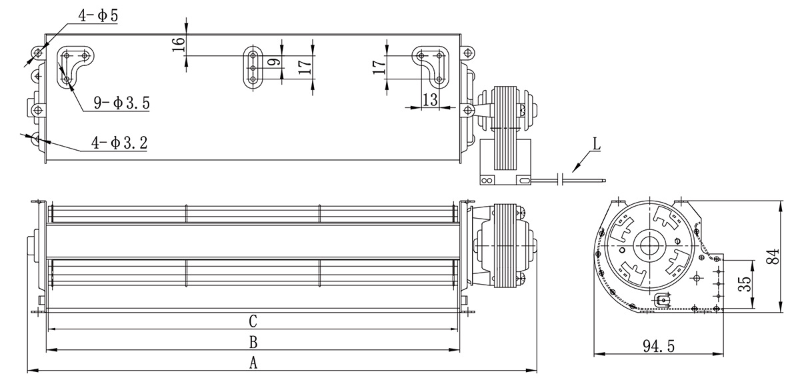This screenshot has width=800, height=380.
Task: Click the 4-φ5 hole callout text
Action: [x=98, y=16]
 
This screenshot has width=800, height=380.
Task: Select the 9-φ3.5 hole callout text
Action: [x=121, y=103]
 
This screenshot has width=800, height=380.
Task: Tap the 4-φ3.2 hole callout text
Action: [x=119, y=143]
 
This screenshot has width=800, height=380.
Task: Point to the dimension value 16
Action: [x=179, y=44]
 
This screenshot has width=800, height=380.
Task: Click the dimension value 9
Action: [x=274, y=62]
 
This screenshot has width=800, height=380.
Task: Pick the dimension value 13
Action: [x=430, y=99]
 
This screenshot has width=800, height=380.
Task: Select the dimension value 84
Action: [x=773, y=256]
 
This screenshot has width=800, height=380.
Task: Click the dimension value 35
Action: [x=744, y=284]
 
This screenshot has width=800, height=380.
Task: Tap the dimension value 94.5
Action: [x=659, y=346]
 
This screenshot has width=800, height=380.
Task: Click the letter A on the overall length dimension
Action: [x=253, y=363]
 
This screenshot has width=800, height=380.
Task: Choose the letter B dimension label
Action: [x=253, y=342]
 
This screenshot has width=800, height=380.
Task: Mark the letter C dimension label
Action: [x=253, y=321]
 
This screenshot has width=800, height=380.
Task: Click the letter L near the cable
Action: [x=597, y=144]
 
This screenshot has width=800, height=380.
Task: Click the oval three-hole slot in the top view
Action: [x=253, y=68]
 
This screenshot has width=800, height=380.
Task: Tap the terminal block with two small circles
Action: [x=487, y=181]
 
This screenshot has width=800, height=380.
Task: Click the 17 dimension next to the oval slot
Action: [x=305, y=67]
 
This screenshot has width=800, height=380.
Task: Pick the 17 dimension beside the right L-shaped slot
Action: [x=379, y=67]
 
